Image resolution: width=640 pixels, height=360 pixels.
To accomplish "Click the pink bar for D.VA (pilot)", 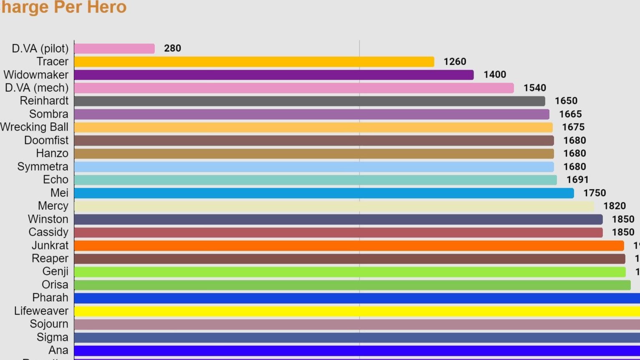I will (x=114, y=48).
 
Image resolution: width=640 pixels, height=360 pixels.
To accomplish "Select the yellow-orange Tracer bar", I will (x=254, y=62).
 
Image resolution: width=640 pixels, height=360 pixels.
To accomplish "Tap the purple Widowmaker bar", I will (x=274, y=75).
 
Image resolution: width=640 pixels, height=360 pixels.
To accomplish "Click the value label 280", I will (x=172, y=48).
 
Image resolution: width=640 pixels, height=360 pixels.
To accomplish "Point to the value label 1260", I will (x=454, y=62).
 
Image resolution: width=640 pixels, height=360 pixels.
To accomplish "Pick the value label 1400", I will (x=494, y=75).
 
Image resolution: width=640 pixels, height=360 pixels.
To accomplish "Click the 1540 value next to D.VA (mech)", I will (x=534, y=88).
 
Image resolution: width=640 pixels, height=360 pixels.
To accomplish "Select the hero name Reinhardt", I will (x=44, y=101).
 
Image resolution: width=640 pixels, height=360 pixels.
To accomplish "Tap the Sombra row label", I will (x=48, y=114).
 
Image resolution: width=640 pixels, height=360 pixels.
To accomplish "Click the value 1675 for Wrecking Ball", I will (x=573, y=127).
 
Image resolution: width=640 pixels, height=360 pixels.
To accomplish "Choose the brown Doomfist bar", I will (x=314, y=141).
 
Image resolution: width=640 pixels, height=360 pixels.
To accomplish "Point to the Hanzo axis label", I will (x=52, y=154).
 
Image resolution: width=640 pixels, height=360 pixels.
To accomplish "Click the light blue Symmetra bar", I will (x=314, y=167).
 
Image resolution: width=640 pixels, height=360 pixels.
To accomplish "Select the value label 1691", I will (x=577, y=180).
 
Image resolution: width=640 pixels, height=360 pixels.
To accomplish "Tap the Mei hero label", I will (x=59, y=193).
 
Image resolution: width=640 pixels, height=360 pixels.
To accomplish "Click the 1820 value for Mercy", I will (x=614, y=206).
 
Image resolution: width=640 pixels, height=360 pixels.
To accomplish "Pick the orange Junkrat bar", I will (x=349, y=246).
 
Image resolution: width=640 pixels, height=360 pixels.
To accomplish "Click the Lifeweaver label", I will (x=41, y=311).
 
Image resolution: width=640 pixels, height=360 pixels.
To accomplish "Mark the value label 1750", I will (x=594, y=193).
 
